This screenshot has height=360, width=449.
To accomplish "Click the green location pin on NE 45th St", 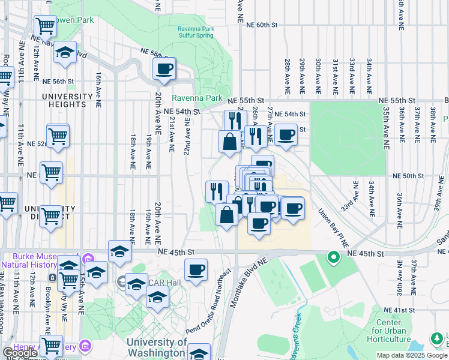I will (333, 258).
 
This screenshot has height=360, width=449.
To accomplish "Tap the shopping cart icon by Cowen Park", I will (46, 26).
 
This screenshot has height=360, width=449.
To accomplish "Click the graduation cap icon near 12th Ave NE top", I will (65, 52).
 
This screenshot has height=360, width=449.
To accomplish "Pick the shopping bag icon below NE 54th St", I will (229, 142).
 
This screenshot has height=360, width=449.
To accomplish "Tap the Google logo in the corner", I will (19, 353).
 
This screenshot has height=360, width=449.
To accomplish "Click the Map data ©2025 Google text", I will (412, 355).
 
